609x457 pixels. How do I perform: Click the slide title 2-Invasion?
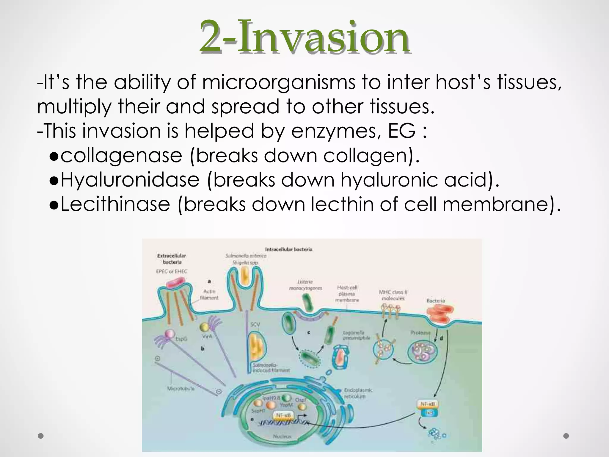pyautogui.click(x=304, y=36)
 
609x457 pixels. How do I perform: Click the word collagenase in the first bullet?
pyautogui.click(x=121, y=155)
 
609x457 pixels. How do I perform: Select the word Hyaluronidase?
pyautogui.click(x=130, y=180)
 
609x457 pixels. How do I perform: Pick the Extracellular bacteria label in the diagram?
pyautogui.click(x=172, y=259)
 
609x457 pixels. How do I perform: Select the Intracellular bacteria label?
pyautogui.click(x=288, y=249)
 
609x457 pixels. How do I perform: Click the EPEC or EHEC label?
pyautogui.click(x=172, y=271)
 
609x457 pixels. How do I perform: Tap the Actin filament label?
pyautogui.click(x=209, y=295)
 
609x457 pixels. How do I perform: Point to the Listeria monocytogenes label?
pyautogui.click(x=305, y=285)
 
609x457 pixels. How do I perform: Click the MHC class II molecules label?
pyautogui.click(x=393, y=295)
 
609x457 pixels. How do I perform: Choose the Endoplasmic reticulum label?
pyautogui.click(x=358, y=393)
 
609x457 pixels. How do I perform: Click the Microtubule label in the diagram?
pyautogui.click(x=180, y=389)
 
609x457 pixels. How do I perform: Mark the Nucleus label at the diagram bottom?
pyautogui.click(x=282, y=436)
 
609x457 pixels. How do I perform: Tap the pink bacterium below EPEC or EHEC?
pyautogui.click(x=175, y=282)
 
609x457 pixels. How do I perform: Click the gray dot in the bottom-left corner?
pyautogui.click(x=41, y=436)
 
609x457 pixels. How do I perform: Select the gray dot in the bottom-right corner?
pyautogui.click(x=566, y=436)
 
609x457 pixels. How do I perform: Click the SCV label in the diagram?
pyautogui.click(x=255, y=324)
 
